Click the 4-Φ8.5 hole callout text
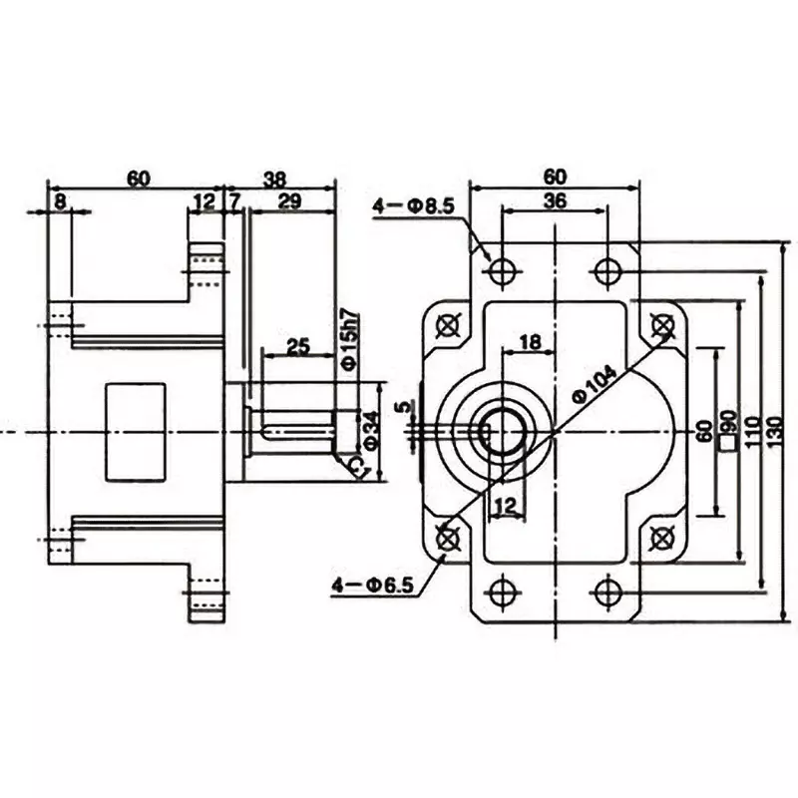point(413,206)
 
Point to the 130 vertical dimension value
point(785,430)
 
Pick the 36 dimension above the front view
point(555,200)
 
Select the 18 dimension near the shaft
point(530,342)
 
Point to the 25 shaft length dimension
point(296,346)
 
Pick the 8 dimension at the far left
point(61,202)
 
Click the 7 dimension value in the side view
point(235,202)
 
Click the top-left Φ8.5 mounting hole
point(503,270)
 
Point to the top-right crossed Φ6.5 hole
point(659,324)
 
